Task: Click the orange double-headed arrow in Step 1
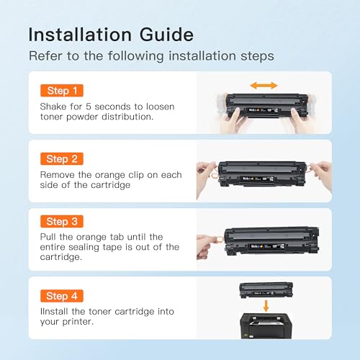[264, 85]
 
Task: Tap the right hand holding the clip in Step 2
[323, 173]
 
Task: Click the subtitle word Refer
[44, 55]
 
